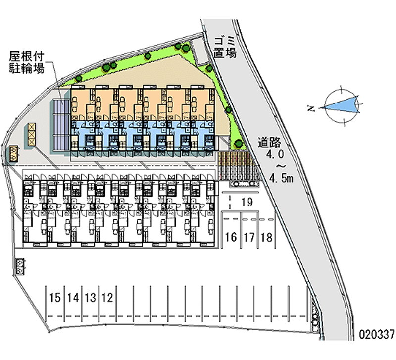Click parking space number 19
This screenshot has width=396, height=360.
[247, 202]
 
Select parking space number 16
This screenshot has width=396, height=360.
[230, 237]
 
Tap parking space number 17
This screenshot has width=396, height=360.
[248, 237]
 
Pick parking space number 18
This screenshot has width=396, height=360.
[266, 237]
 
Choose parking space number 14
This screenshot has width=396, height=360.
[73, 298]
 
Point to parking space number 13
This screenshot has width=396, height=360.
[90, 298]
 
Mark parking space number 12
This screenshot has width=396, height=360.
[107, 298]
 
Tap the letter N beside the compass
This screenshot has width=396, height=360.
[311, 108]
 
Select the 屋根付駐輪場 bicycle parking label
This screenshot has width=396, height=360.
[27, 62]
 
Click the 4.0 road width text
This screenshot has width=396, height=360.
[276, 154]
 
